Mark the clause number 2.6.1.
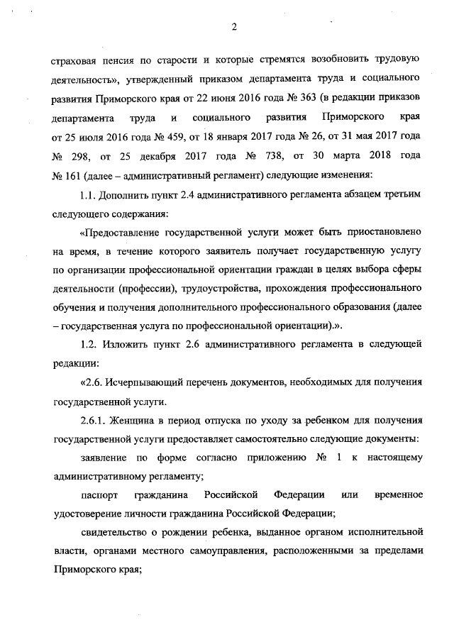tap(96, 420)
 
